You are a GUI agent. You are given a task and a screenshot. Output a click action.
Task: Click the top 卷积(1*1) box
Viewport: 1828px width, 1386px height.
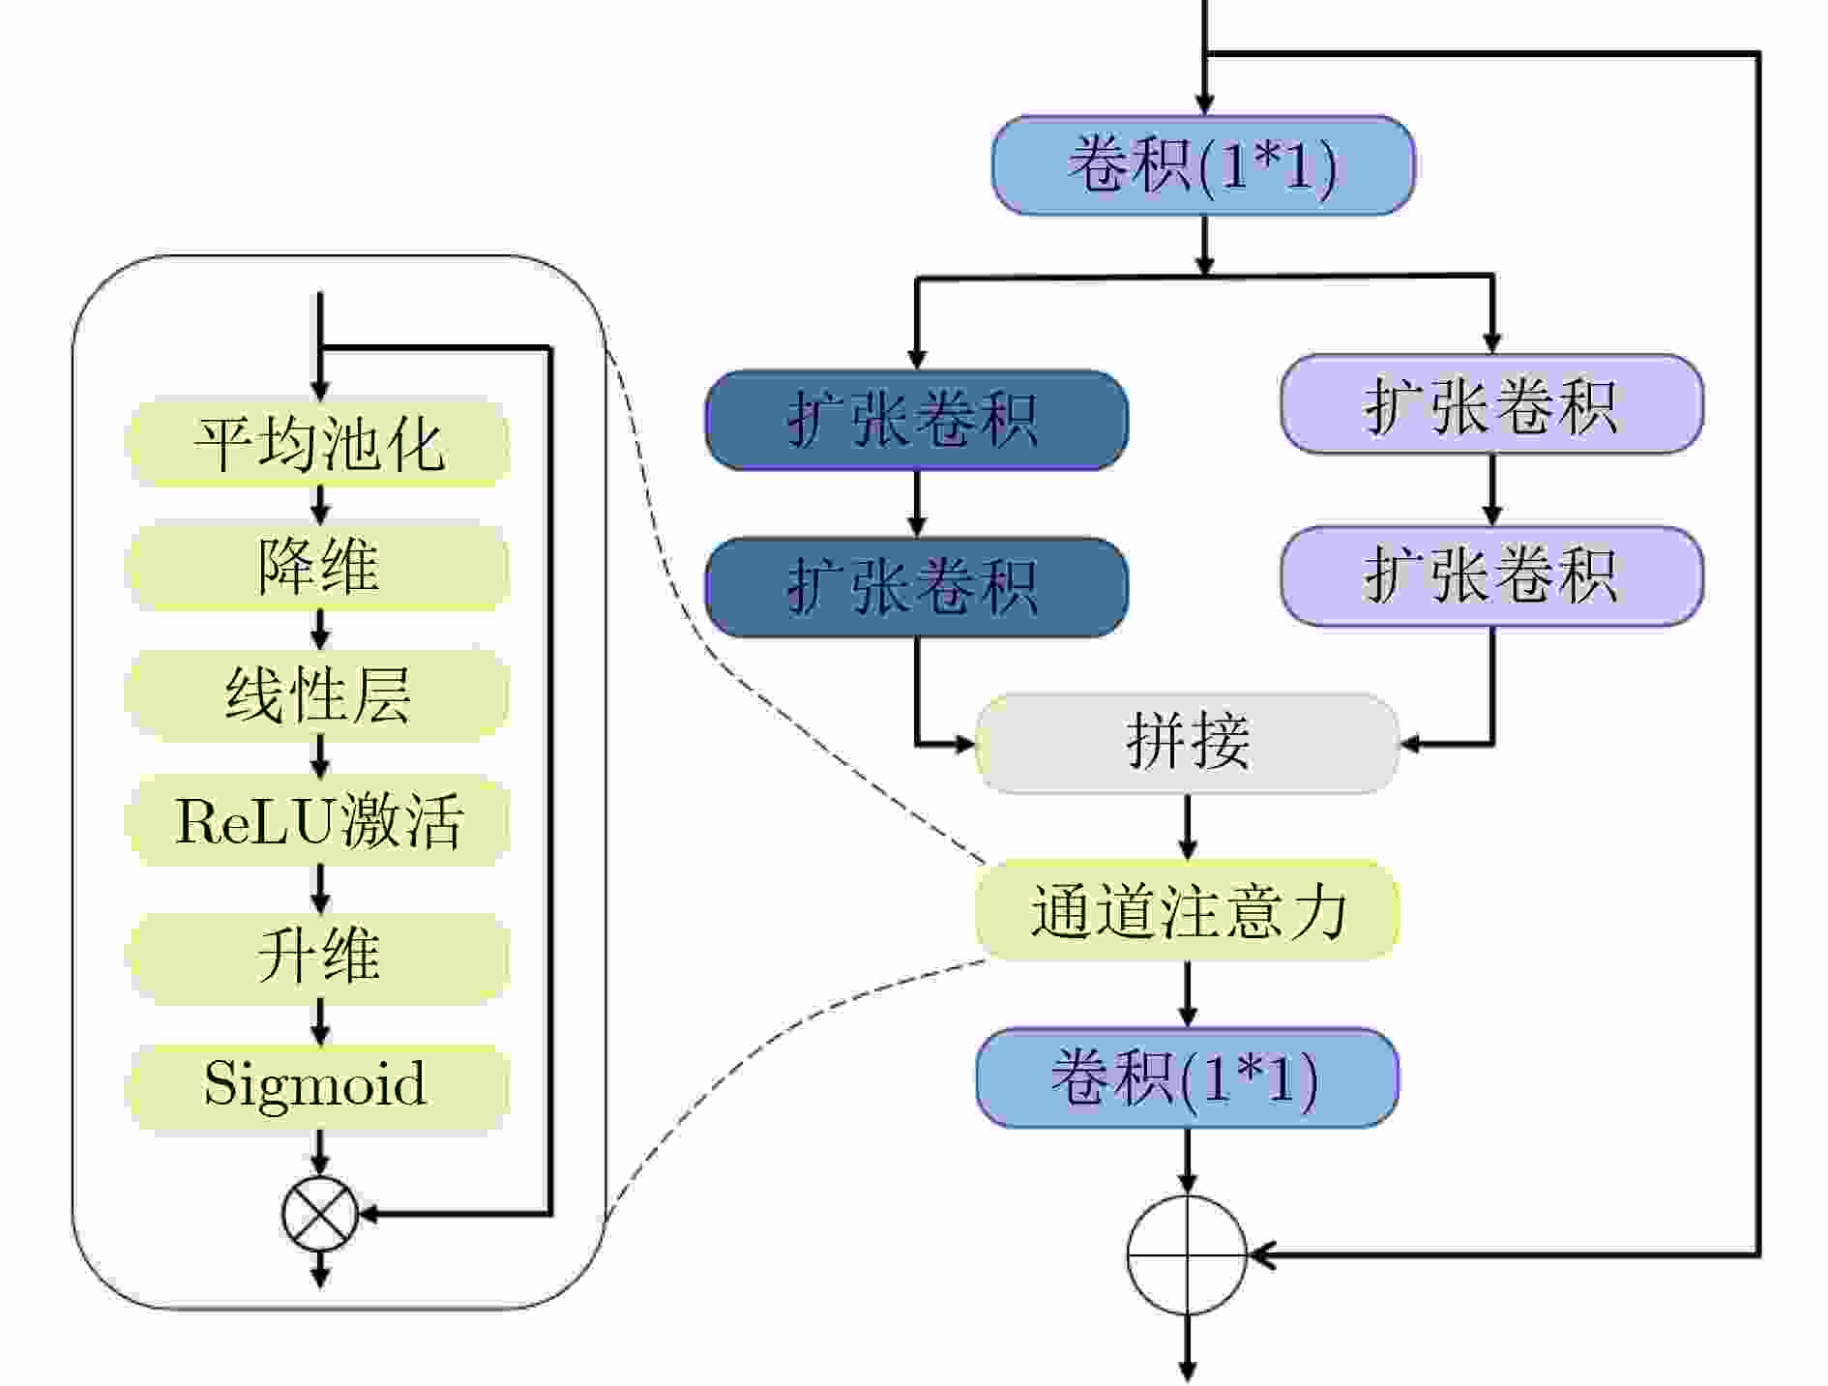[1203, 165]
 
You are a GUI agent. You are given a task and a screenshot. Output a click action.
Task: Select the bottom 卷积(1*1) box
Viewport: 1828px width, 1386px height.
[1187, 1078]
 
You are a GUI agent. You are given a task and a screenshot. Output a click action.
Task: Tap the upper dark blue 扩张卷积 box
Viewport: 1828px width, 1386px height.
[916, 421]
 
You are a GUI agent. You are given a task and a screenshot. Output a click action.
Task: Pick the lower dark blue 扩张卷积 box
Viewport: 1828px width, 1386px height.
[916, 587]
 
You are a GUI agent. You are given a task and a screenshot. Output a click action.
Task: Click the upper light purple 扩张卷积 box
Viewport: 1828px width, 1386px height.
[1491, 404]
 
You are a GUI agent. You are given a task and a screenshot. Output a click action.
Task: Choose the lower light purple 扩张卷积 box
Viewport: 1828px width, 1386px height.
[1491, 576]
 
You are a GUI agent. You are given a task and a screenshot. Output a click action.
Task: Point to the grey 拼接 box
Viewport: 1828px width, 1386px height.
[1187, 743]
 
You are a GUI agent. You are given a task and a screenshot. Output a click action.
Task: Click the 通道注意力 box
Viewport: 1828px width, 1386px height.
[1187, 910]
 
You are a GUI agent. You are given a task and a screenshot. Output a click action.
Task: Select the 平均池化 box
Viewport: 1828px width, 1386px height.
[318, 444]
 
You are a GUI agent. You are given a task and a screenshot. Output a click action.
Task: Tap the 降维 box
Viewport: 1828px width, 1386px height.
[318, 566]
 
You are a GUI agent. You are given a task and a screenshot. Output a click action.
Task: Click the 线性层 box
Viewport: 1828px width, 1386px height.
[318, 694]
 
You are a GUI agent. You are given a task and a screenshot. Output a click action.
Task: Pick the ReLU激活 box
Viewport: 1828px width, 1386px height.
[318, 821]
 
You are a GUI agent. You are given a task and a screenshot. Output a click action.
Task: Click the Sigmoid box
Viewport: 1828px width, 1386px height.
[318, 1084]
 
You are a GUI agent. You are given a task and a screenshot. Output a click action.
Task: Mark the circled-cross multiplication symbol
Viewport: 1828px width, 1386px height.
[320, 1214]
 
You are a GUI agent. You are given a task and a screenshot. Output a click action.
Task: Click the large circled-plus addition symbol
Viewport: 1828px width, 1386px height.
[1187, 1255]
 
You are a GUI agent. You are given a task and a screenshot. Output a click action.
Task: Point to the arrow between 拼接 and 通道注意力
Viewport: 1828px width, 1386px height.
[1188, 827]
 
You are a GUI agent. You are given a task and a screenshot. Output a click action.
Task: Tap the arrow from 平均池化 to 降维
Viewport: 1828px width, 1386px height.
[320, 504]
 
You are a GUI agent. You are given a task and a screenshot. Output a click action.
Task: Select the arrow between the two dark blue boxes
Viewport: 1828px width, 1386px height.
[916, 504]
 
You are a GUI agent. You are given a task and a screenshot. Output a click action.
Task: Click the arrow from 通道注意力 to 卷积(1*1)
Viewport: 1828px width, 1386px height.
[1188, 994]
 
